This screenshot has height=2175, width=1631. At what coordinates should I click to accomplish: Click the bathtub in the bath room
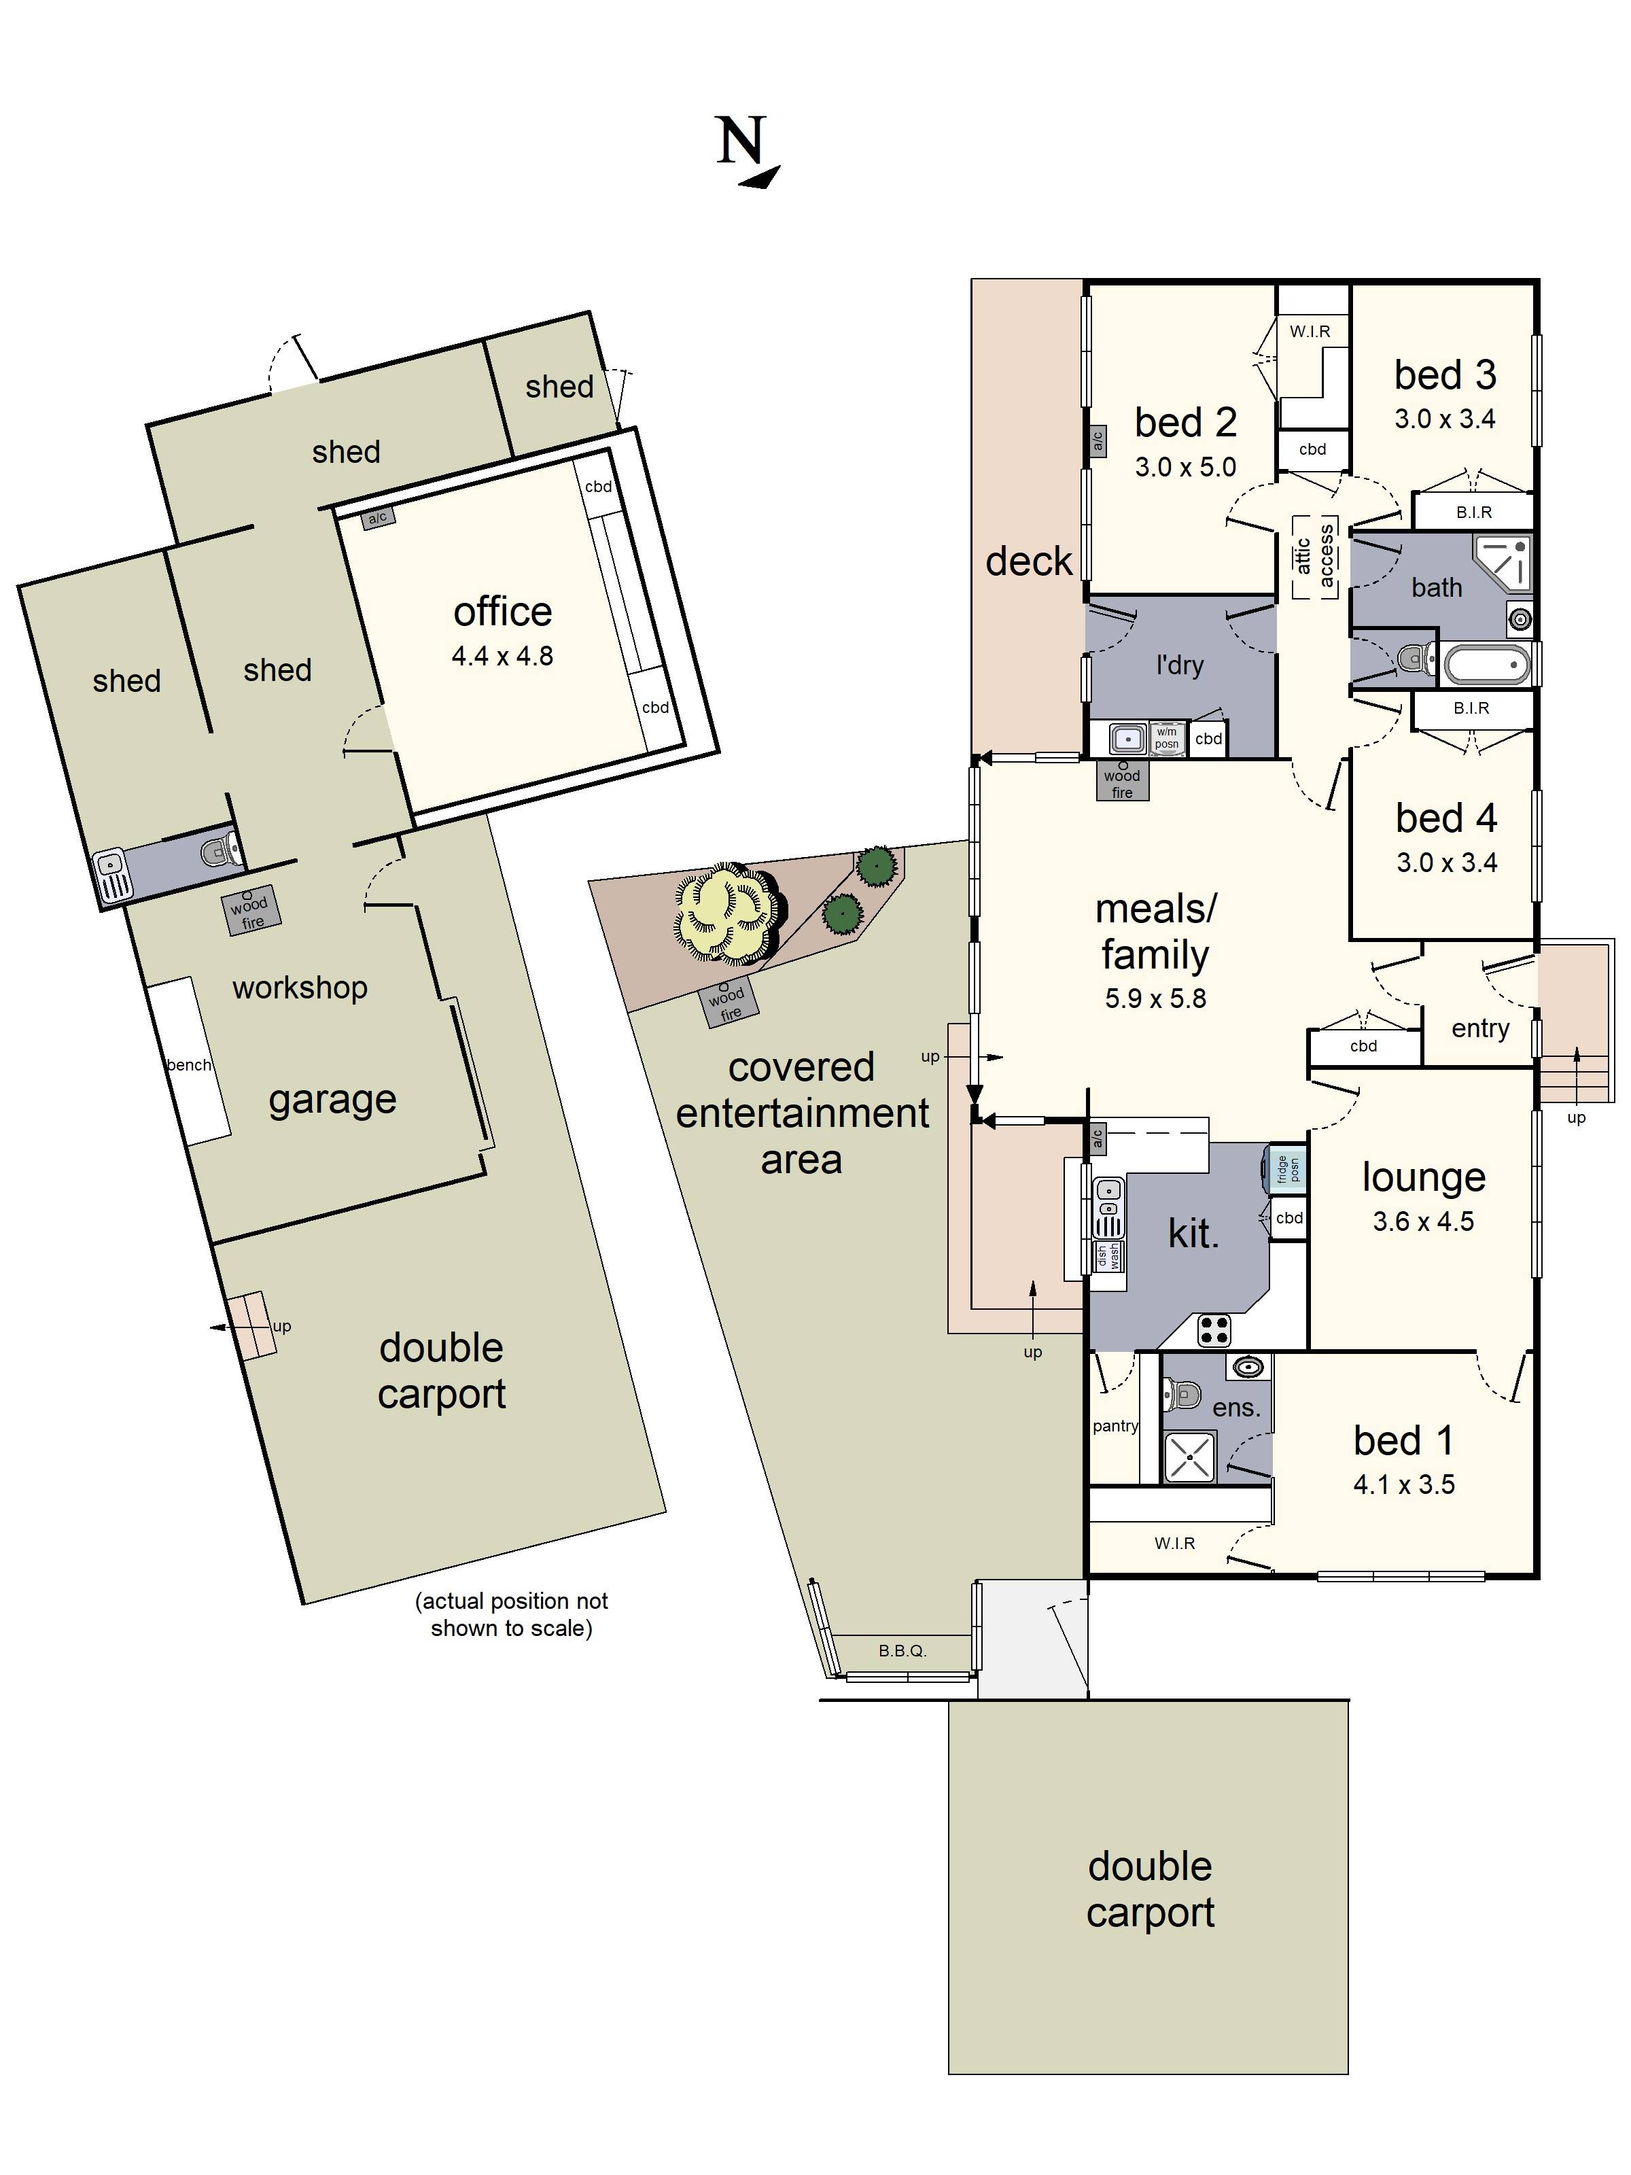point(1486,665)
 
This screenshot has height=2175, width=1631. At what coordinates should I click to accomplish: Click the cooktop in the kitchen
point(1214,1330)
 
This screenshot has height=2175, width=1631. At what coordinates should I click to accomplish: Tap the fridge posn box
point(1288,1169)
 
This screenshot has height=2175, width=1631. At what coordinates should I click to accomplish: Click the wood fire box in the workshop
point(251,911)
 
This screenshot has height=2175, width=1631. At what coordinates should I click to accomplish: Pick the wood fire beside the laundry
point(1122,782)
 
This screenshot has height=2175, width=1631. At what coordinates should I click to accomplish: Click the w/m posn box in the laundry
point(1166,737)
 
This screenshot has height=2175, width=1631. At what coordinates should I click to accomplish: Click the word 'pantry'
point(1115,1426)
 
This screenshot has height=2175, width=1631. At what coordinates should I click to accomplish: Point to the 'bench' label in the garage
point(189,1065)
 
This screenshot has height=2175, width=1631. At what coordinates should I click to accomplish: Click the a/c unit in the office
point(378,518)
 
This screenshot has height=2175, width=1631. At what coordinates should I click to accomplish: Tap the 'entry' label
point(1479,1028)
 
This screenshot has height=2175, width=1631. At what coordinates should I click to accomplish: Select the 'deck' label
point(1028,561)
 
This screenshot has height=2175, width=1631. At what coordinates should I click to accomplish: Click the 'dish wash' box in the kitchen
point(1109,1255)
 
